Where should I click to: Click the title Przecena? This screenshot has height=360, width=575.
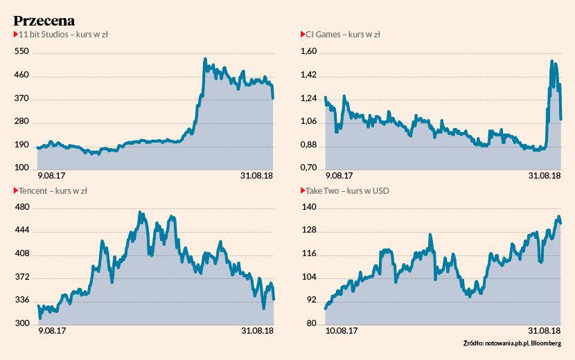[x=44, y=21]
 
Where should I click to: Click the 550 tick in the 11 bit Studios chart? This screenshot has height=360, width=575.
[x=21, y=52]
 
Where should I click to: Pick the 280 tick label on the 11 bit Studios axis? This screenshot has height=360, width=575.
[x=21, y=122]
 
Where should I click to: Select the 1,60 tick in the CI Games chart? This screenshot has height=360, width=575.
[x=309, y=52]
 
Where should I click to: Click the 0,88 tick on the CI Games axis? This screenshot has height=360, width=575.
[x=309, y=145]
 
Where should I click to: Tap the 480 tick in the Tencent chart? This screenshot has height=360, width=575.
[x=21, y=208]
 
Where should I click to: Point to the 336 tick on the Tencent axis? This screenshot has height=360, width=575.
[x=21, y=301]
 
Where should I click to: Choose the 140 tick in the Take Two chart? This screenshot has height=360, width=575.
[x=309, y=208]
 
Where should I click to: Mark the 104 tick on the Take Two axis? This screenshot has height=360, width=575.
[x=309, y=278]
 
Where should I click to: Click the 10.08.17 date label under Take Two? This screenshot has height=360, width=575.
[x=341, y=332]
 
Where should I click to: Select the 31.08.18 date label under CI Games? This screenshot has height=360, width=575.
[x=545, y=176]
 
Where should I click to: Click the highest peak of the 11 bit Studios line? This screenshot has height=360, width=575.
[x=204, y=60]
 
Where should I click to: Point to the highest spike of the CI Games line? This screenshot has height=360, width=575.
[x=551, y=62]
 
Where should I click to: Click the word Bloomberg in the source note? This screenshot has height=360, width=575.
[x=545, y=344]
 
